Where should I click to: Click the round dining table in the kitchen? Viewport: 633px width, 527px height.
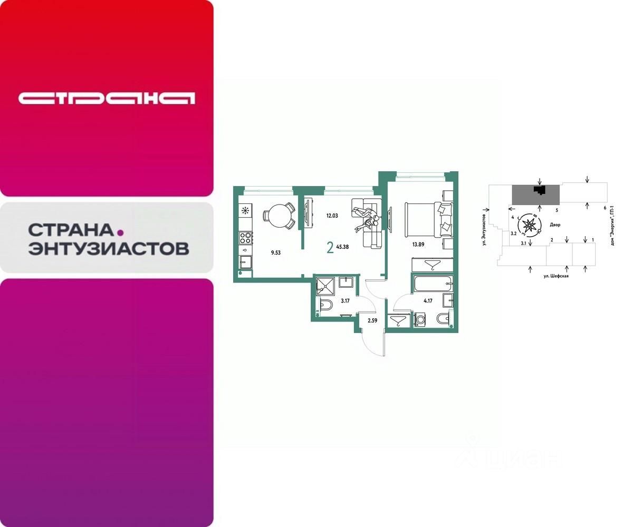[x=279, y=213]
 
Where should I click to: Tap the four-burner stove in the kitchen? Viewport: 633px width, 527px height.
[x=245, y=238]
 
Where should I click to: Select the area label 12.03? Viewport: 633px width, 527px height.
[x=332, y=215]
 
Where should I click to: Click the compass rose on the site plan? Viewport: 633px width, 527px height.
[x=529, y=225]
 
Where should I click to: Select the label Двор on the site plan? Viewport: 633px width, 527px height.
[x=554, y=225]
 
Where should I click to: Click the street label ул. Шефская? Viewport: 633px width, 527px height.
[x=556, y=276]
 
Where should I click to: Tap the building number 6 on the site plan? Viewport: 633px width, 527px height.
[x=605, y=208]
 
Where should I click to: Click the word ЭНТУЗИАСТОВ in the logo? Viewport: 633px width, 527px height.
[x=108, y=248]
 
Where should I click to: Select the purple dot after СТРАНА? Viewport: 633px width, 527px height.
[x=120, y=231]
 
